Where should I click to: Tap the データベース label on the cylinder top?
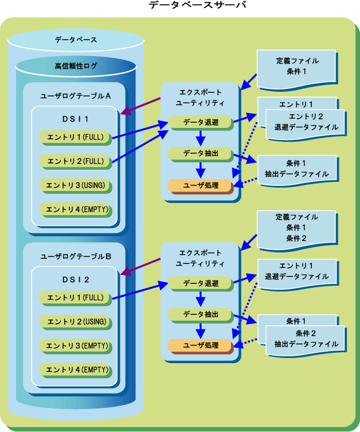76,40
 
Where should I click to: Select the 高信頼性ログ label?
76,66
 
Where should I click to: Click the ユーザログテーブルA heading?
76,96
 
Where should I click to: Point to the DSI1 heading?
75,119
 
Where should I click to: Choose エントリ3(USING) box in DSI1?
75,185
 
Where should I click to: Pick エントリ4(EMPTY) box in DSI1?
75,209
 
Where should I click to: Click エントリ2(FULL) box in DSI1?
75,161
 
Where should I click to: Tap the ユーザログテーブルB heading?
76,256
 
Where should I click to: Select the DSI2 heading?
75,279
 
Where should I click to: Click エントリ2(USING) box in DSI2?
75,322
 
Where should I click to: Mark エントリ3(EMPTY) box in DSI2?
75,346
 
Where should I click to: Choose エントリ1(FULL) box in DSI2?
75,298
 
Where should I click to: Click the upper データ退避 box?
201,122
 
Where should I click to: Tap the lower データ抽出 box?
201,314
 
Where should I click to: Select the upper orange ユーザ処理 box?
201,185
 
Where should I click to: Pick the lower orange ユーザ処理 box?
201,345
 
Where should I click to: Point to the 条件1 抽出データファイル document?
296,168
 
